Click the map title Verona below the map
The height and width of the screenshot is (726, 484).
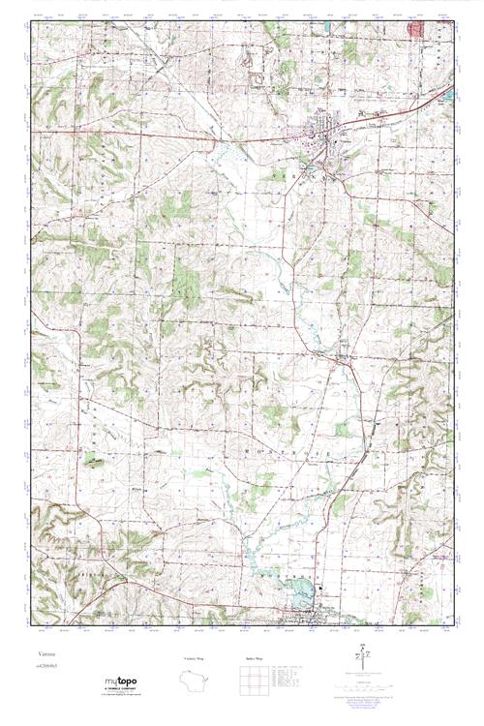pyautogui.click(x=41, y=653)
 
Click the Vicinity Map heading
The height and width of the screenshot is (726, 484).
pyautogui.click(x=196, y=658)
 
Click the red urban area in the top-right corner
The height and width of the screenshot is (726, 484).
pyautogui.click(x=417, y=30)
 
